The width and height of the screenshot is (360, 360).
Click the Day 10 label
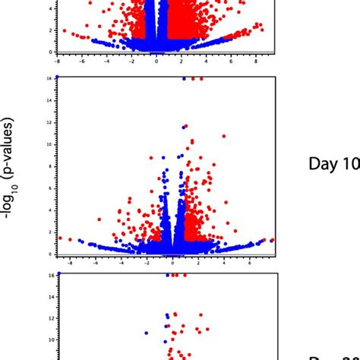333,164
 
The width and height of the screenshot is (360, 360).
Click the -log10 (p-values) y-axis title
8,169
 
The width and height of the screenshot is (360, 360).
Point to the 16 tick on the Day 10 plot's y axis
50,77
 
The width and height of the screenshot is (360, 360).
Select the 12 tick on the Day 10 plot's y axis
50,122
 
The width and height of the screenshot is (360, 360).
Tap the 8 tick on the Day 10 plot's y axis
51,166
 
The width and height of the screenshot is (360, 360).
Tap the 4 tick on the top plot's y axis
51,9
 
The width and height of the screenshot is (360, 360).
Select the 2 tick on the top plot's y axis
51,30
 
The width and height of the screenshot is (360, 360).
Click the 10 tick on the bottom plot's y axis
50,340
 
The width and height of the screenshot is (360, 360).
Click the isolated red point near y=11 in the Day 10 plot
223,136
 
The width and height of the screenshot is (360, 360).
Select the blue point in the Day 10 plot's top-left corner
57,77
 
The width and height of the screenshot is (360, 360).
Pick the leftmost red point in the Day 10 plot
60,238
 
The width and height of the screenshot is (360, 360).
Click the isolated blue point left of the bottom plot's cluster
147,333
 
